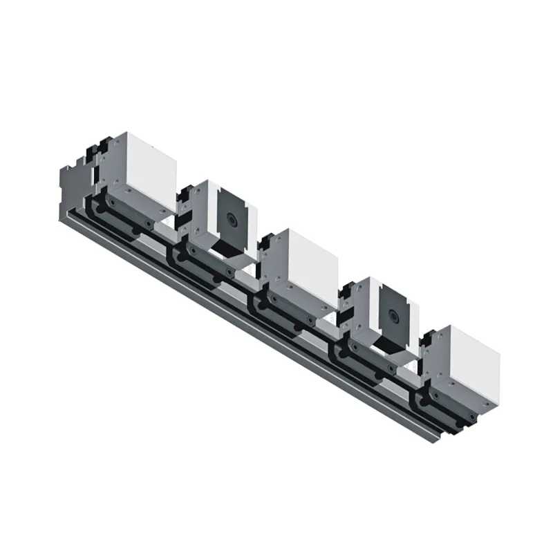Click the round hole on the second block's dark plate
click(x=230, y=220)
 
